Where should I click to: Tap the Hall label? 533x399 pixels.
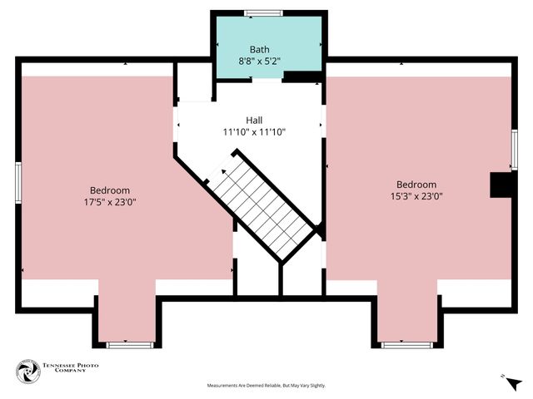254,121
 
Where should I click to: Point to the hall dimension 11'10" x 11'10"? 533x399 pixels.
254,132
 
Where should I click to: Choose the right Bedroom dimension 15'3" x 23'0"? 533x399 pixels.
416,197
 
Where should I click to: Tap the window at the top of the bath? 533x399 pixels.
263,12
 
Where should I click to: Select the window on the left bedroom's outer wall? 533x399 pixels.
18,183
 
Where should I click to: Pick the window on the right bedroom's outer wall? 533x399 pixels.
514,150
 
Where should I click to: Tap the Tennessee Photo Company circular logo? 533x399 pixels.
29,372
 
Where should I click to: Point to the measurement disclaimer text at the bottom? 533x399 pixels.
266,386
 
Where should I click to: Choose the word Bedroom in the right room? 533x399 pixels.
416,185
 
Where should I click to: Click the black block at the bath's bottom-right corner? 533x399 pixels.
303,77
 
